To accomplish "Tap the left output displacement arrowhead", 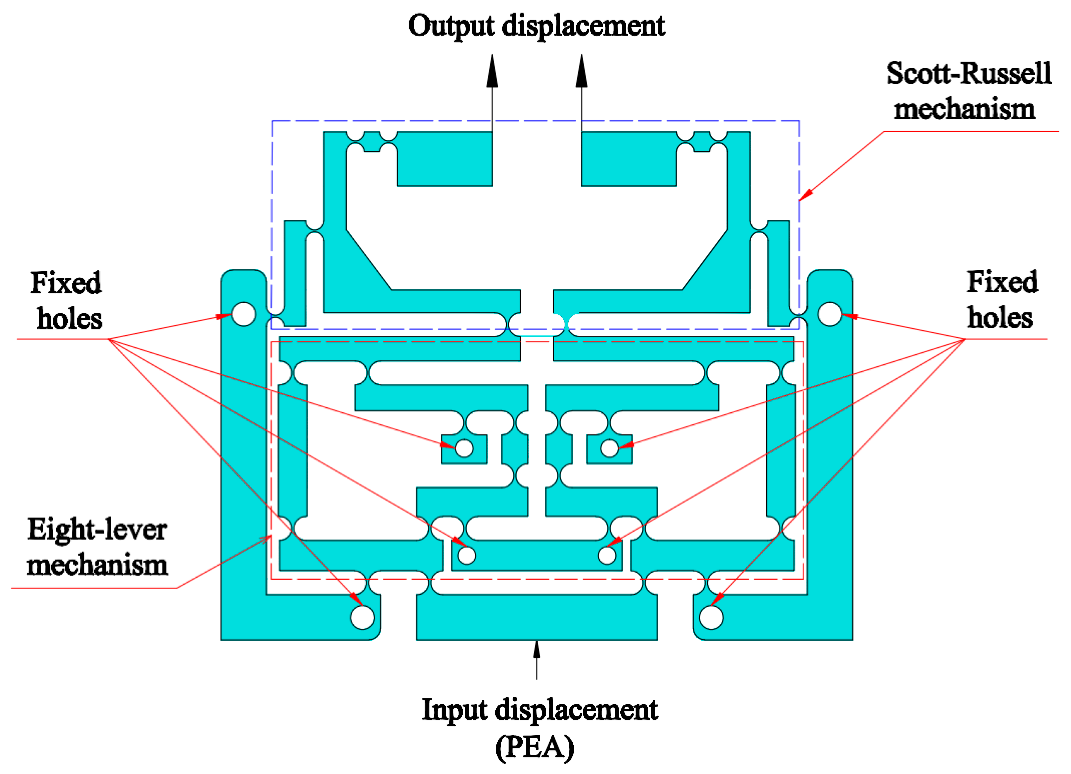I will tap(492, 72).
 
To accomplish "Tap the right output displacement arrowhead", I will tap(581, 72).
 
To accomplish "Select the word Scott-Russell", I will tap(968, 74).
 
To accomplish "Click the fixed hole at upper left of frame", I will tap(244, 314).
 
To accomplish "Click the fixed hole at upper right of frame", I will tap(830, 314).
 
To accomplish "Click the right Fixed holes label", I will tap(1001, 300).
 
